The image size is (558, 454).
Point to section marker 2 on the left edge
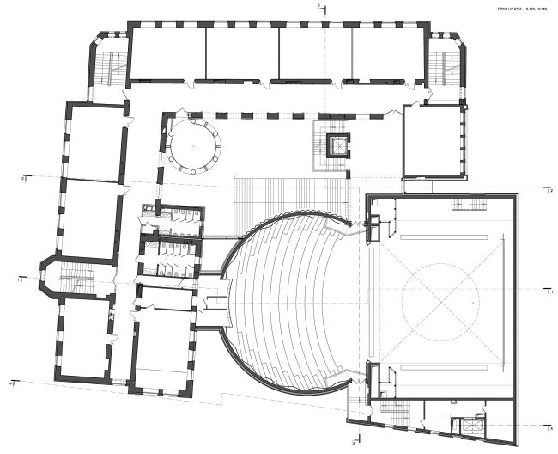[x=25, y=177]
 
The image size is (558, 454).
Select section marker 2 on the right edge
[x=549, y=191]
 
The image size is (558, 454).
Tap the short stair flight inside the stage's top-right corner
[x=468, y=205]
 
